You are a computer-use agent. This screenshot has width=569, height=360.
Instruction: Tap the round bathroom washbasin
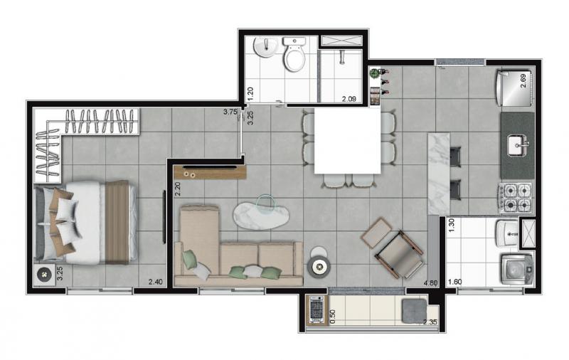[x=265, y=47]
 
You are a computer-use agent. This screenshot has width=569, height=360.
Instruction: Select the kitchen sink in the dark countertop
[x=517, y=146]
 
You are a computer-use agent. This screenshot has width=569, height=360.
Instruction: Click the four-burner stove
[x=516, y=198]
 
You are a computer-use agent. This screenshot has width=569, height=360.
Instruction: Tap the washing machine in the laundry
[x=517, y=269]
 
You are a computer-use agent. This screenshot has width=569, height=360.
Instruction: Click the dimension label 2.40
[x=155, y=282]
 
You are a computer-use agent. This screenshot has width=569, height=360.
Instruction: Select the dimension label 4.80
[x=430, y=282]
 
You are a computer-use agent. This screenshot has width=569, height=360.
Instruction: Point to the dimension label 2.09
[x=349, y=98]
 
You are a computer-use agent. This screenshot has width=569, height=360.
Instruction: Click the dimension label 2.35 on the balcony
[x=430, y=322]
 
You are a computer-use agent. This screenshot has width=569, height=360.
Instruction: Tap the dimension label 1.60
[x=454, y=282]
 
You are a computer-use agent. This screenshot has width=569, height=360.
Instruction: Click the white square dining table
[x=347, y=141]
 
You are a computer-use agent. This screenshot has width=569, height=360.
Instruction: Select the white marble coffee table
[x=261, y=215]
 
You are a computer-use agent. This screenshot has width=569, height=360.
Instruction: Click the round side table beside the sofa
[x=319, y=266]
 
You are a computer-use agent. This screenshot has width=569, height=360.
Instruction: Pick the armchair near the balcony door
[x=399, y=255]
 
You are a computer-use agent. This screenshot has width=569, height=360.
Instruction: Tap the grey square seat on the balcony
[x=415, y=311]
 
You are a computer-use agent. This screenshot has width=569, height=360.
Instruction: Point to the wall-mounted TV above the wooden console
[x=209, y=167]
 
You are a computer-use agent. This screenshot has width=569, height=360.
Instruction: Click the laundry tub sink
[x=507, y=233]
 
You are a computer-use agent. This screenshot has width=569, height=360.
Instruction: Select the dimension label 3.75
[x=230, y=112]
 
